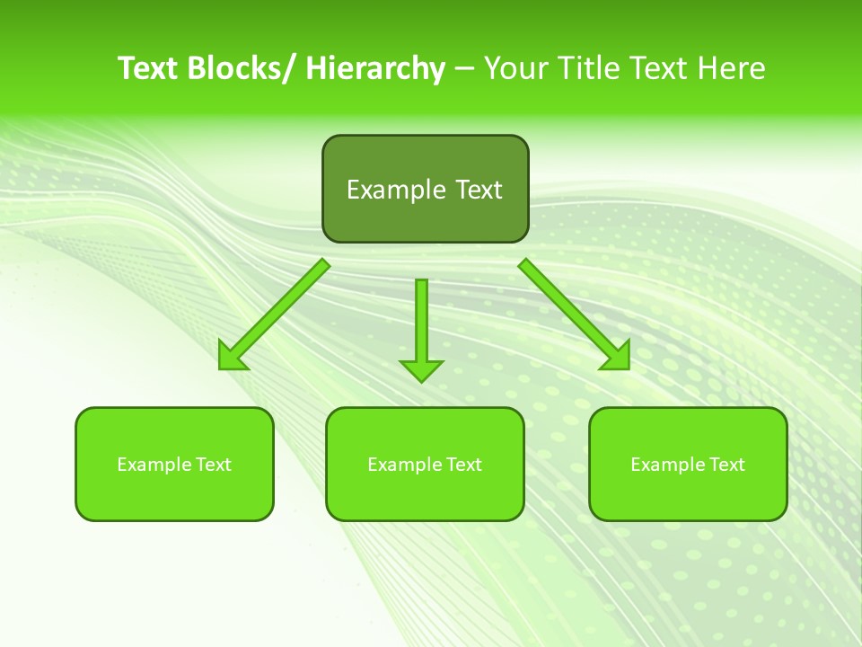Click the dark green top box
[x=425, y=189]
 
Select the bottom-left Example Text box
[x=174, y=464]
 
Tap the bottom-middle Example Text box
[x=425, y=464]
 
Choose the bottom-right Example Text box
[x=688, y=464]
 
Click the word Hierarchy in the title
[x=375, y=68]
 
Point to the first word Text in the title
[x=148, y=68]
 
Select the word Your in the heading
[x=517, y=68]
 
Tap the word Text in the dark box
[x=478, y=190]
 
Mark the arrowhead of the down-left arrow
[x=233, y=358]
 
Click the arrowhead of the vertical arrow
[x=421, y=370]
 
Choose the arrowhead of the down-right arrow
[x=617, y=357]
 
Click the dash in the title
[x=464, y=68]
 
